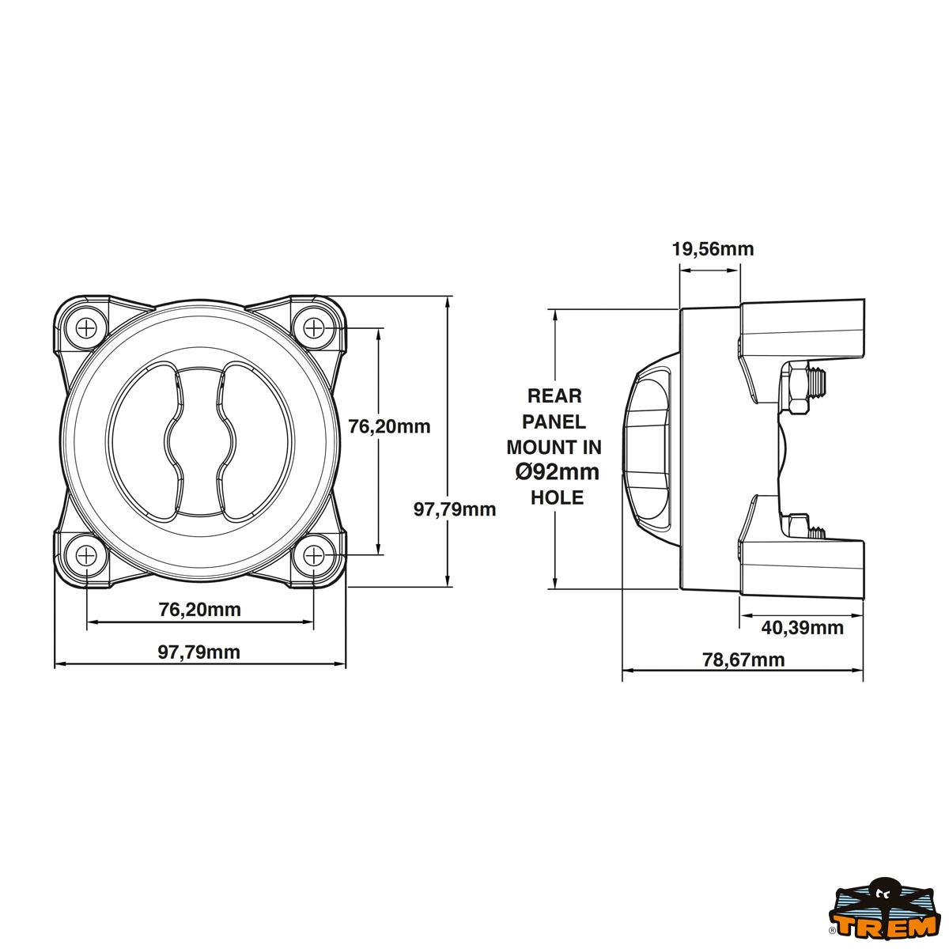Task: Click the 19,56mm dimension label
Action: pos(713,249)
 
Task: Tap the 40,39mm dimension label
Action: pos(802,628)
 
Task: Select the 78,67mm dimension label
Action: pos(743,660)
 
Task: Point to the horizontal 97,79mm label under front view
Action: pos(199,652)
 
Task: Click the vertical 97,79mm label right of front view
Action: pos(455,509)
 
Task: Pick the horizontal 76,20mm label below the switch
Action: pos(199,610)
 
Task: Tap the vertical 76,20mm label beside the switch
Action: pos(390,426)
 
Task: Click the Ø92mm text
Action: pos(557,472)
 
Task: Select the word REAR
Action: pos(554,395)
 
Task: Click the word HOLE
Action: pos(557,497)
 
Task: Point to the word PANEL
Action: pos(554,421)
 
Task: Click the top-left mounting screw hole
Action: pos(86,327)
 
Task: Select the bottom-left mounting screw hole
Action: pos(86,555)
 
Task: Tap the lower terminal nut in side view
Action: pos(797,525)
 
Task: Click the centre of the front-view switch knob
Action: pos(200,440)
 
